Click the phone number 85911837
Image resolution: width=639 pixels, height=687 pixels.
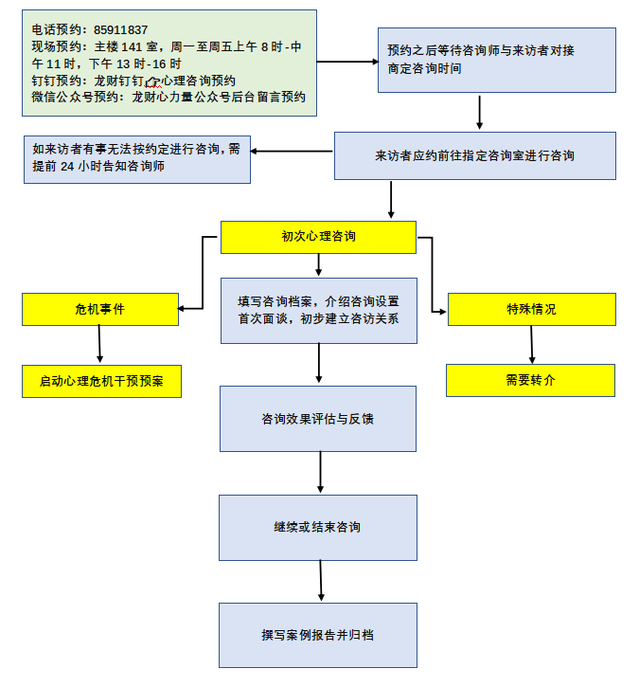(x=121, y=30)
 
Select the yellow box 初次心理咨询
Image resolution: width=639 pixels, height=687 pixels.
(x=318, y=237)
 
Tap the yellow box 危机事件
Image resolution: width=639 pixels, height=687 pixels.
(x=99, y=309)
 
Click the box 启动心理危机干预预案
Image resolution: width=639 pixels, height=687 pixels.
(x=101, y=381)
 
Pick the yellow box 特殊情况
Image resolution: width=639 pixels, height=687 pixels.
(x=531, y=309)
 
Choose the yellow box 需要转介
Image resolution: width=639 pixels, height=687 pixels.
(x=530, y=380)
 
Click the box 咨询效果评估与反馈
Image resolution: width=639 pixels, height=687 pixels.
(x=318, y=418)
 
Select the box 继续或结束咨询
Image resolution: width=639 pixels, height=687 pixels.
(x=318, y=527)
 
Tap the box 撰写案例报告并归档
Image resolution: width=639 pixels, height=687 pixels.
(x=318, y=635)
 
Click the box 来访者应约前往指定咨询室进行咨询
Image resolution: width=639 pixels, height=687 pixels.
(x=474, y=155)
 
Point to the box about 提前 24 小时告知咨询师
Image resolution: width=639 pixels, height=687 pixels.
(x=136, y=156)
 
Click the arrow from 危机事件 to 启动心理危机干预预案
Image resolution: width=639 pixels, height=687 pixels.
(x=98, y=345)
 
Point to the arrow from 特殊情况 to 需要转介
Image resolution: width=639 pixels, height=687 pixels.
(x=532, y=345)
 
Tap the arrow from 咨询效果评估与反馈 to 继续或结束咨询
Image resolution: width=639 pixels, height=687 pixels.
(x=320, y=472)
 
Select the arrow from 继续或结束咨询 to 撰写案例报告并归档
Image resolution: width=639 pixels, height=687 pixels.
(x=321, y=580)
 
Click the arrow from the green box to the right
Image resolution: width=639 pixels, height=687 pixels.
(x=346, y=62)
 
